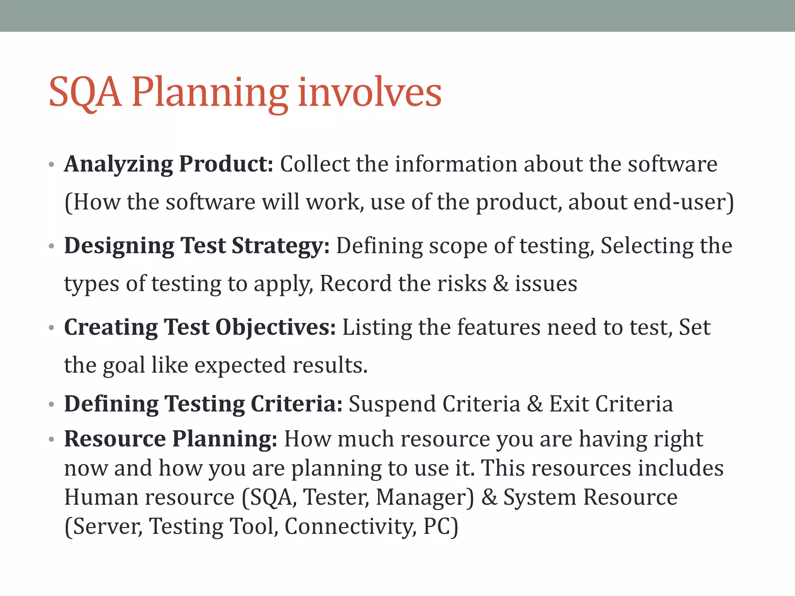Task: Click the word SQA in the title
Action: click(x=85, y=92)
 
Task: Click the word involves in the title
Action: click(x=370, y=92)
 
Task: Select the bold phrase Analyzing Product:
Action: click(x=169, y=164)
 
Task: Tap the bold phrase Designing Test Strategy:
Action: click(x=197, y=246)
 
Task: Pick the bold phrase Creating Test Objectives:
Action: click(x=200, y=327)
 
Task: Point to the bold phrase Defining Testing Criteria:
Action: click(x=203, y=404)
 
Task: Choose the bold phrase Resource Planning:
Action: click(x=170, y=439)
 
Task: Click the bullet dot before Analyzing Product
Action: click(x=51, y=165)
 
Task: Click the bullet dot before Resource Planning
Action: click(x=51, y=440)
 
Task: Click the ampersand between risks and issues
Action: click(x=501, y=284)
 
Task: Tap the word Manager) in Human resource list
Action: click(x=425, y=497)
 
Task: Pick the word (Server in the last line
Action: click(x=103, y=527)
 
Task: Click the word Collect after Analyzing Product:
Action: click(x=315, y=164)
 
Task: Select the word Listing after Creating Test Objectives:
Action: click(x=377, y=327)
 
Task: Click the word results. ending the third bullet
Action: click(x=330, y=365)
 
